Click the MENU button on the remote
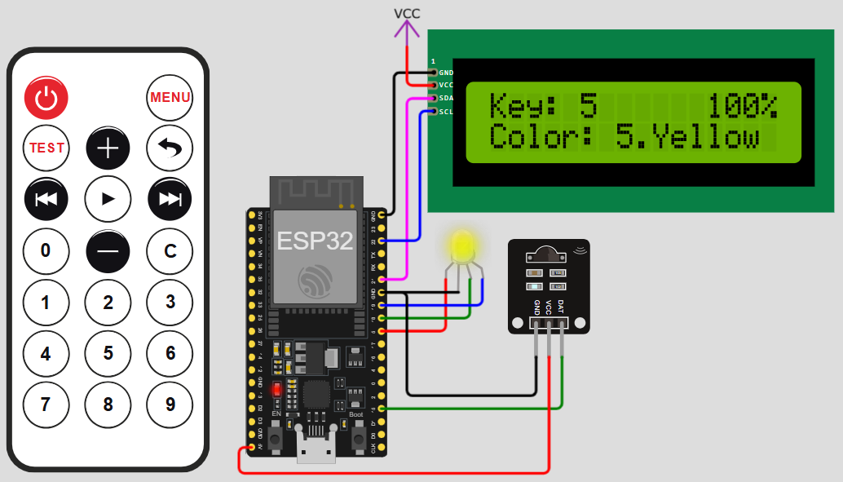coord(170,98)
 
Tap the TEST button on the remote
coord(46,148)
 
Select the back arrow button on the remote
coord(170,148)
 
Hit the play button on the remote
coord(108,199)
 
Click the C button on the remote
coord(170,251)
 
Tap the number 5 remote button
coord(108,353)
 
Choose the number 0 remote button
coord(46,251)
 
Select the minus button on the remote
coord(108,251)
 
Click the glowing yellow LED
coord(461,245)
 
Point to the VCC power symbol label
coord(407,13)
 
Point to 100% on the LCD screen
coord(743,106)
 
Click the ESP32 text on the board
coord(314,241)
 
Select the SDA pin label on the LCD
coord(446,98)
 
